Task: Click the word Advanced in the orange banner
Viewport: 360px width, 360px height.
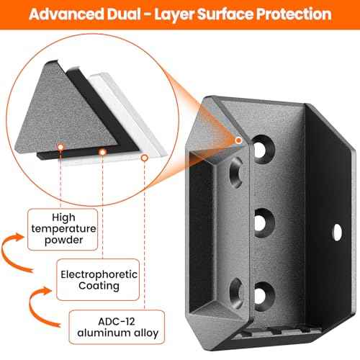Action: (66, 14)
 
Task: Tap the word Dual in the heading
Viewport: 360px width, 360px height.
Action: (124, 14)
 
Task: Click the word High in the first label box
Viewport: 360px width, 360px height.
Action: (63, 217)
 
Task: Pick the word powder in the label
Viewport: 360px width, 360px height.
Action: (63, 240)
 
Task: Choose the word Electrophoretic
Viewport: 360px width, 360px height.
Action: (99, 274)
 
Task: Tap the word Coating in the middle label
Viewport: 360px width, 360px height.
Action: (99, 286)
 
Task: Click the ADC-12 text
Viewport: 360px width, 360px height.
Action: (117, 321)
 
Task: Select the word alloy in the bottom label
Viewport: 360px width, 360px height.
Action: (146, 333)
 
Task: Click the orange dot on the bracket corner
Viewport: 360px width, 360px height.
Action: (238, 140)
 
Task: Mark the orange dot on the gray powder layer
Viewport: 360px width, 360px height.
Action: (60, 147)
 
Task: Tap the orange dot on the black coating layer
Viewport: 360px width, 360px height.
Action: (102, 152)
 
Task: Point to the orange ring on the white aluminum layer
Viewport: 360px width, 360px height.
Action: (144, 158)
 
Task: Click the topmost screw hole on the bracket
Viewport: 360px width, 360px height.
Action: (264, 149)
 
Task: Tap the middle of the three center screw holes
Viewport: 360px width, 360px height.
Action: (264, 222)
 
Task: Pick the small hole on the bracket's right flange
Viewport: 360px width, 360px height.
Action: (337, 233)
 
